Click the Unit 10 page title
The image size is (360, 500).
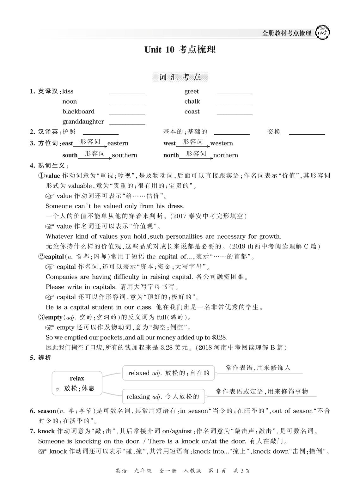point(180,50)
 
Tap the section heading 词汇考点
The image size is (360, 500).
point(180,77)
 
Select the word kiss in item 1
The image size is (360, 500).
point(68,91)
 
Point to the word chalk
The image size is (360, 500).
point(192,101)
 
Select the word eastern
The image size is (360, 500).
point(118,143)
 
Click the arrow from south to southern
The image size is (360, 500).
point(95,157)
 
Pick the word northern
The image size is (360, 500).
point(226,155)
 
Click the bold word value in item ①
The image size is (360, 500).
point(52,176)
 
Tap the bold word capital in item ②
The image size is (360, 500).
point(54,257)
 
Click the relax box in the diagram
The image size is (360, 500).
point(77,383)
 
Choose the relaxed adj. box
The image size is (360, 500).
point(168,373)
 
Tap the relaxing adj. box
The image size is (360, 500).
point(163,396)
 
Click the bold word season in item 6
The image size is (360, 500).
point(47,411)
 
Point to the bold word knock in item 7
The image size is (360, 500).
point(46,431)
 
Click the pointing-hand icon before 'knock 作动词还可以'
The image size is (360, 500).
point(42,451)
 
